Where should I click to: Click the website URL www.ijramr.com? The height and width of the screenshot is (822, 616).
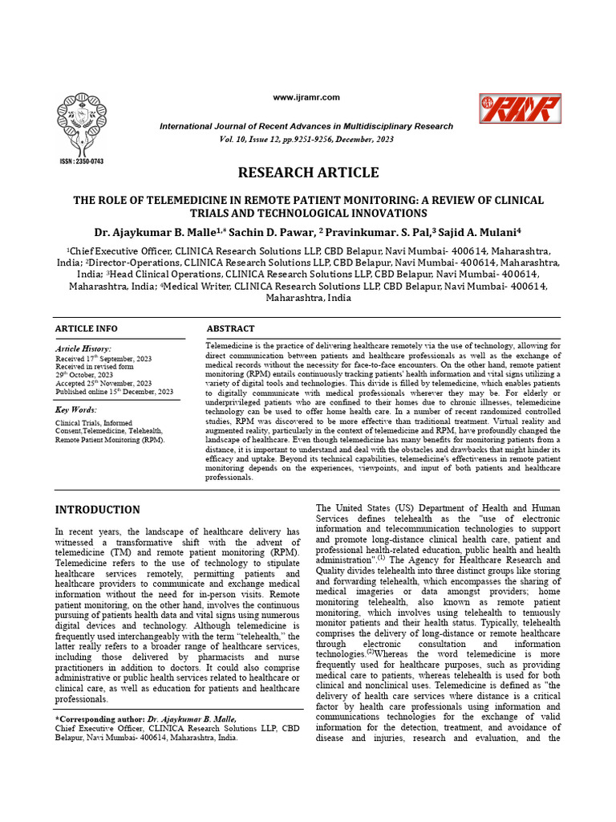[x=306, y=97]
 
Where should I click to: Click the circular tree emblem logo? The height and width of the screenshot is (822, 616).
[x=81, y=120]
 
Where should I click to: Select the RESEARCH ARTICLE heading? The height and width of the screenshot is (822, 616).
[x=307, y=173]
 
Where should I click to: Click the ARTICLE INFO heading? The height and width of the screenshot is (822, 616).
[x=86, y=329]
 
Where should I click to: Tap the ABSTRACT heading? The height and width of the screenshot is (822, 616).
[x=231, y=329]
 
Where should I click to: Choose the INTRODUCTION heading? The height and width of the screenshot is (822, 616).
[x=97, y=510]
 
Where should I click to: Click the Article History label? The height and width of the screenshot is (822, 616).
[x=83, y=350]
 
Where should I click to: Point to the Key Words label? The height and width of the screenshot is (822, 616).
[x=76, y=409]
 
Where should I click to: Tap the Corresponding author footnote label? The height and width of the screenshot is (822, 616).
[x=99, y=719]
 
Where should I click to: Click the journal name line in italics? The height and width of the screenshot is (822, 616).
[x=306, y=127]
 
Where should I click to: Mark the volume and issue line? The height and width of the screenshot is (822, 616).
[x=306, y=139]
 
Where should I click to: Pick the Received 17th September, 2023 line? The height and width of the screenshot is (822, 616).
[x=103, y=359]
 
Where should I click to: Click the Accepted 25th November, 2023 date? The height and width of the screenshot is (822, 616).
[x=103, y=384]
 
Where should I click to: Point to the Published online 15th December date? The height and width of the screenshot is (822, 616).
[x=114, y=392]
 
